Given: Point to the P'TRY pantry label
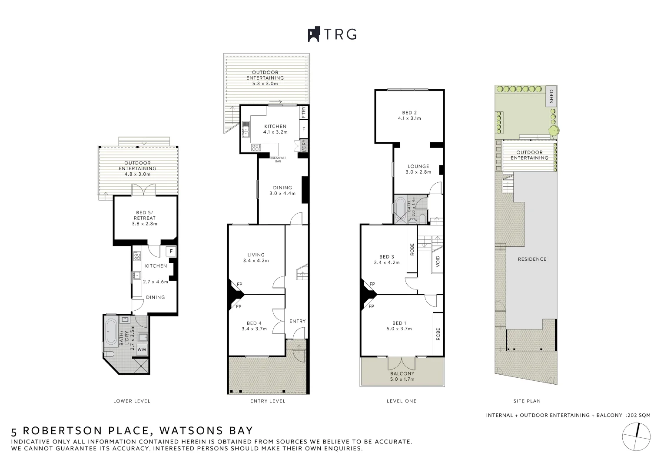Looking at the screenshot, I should [304, 113].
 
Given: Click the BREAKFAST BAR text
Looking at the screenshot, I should [276, 159].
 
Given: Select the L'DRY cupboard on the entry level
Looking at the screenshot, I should [304, 145].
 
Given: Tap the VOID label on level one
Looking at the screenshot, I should [438, 261].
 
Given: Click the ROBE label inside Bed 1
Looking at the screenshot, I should [438, 334].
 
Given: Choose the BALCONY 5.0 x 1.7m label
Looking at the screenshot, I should [402, 376].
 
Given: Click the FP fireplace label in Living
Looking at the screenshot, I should [239, 285].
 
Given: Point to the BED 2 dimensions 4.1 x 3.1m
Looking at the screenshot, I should [409, 118].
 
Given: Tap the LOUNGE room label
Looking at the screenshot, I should [418, 166].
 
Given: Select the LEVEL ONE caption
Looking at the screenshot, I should [401, 401].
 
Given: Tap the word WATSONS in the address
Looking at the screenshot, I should [189, 431].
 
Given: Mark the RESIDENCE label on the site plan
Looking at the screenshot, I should [532, 259].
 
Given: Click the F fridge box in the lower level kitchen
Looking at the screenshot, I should [171, 252].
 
